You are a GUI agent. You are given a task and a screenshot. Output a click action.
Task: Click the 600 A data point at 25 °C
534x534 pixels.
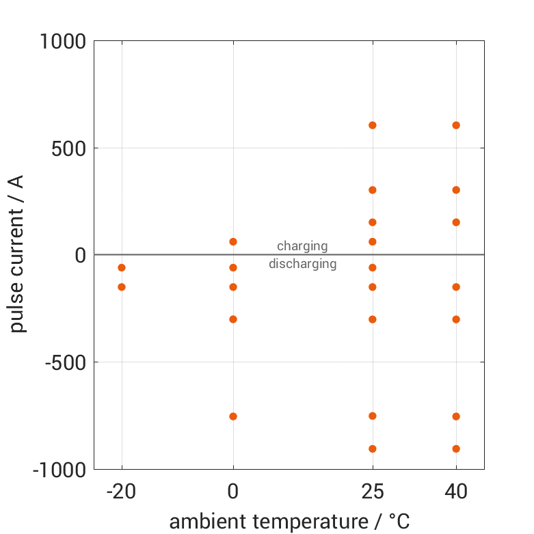click(373, 125)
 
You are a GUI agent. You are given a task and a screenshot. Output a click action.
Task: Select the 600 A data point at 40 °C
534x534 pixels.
click(456, 125)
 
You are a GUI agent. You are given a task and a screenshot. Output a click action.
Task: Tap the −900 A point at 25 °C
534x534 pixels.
click(373, 449)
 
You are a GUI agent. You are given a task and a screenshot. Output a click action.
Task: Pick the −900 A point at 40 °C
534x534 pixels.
click(456, 449)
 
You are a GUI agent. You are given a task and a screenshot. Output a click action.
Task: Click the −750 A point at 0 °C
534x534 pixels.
click(233, 416)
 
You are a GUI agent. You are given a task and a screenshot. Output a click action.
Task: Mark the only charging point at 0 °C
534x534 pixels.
click(233, 242)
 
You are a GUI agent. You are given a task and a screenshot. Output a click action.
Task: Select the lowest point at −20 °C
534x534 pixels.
click(122, 287)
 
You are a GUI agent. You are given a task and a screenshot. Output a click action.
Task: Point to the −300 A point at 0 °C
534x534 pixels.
click(233, 319)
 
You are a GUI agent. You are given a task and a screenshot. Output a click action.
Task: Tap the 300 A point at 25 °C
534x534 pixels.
click(373, 190)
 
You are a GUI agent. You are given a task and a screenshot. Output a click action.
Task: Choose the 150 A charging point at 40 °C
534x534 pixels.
click(456, 222)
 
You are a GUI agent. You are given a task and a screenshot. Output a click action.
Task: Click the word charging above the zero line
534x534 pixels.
click(302, 246)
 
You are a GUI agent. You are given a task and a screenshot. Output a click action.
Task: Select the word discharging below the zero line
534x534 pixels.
click(302, 264)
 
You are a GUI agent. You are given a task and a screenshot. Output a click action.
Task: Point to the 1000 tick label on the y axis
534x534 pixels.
click(62, 42)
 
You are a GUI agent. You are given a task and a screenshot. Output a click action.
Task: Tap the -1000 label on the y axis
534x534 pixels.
click(59, 470)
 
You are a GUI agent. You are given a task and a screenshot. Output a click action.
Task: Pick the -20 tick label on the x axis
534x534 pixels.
click(122, 492)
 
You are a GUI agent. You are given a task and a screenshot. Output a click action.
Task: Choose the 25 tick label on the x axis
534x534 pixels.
click(373, 492)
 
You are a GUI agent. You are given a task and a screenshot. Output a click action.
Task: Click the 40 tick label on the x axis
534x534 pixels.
click(456, 492)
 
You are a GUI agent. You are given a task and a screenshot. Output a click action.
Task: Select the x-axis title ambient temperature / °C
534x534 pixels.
click(289, 522)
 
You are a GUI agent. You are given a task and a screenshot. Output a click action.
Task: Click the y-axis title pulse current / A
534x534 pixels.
click(18, 254)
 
